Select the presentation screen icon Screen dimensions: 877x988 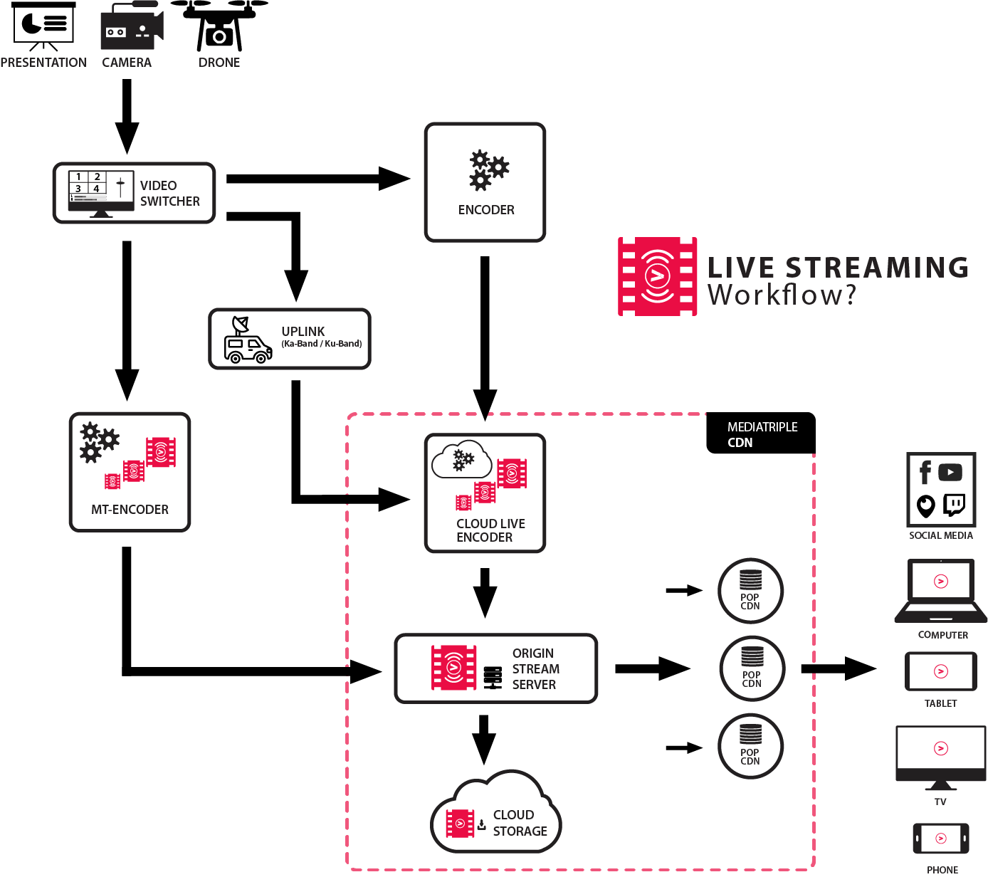pos(43,26)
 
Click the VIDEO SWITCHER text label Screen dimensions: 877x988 pos(169,194)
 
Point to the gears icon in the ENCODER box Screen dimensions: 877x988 pos(487,171)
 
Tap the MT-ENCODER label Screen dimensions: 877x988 pos(130,510)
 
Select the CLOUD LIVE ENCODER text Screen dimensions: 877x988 pos(490,530)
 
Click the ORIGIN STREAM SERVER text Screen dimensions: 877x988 pos(535,669)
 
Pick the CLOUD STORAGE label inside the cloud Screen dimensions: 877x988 pos(519,824)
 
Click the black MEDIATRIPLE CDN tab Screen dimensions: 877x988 pos(760,434)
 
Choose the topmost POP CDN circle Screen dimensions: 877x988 pos(750,591)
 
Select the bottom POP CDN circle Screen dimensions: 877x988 pos(750,747)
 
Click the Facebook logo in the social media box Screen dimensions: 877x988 pos(925,472)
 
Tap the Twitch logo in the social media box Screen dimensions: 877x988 pos(954,505)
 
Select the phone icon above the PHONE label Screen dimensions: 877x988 pos(940,839)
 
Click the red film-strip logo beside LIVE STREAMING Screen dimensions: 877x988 pos(657,276)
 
